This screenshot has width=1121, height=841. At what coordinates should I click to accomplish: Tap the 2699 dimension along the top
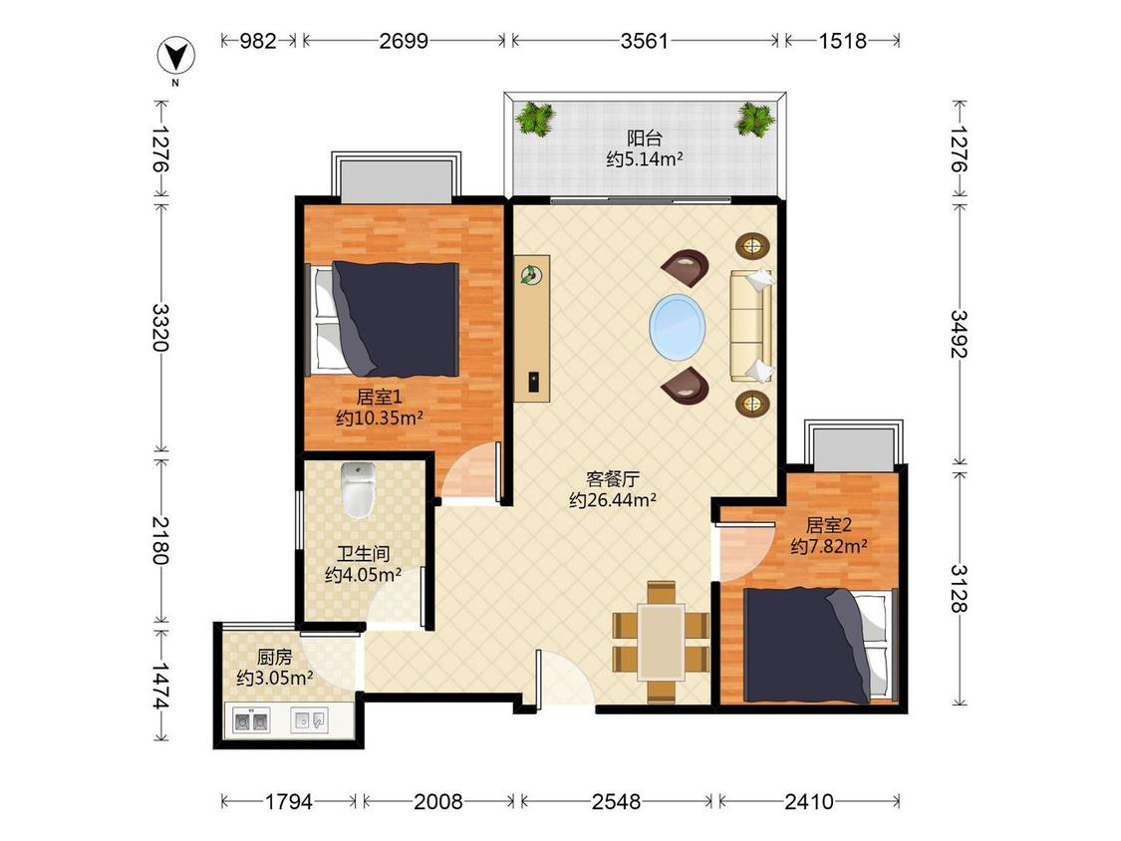tap(404, 41)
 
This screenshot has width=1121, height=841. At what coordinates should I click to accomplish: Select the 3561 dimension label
tap(644, 41)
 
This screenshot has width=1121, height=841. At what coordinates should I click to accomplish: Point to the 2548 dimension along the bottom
tap(616, 802)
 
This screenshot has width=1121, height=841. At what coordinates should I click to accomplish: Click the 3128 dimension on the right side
tap(960, 588)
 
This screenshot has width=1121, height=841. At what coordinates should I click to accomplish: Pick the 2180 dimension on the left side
tap(160, 540)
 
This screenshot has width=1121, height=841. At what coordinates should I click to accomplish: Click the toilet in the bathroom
tap(358, 490)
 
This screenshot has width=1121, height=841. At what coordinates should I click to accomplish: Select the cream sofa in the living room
tap(751, 326)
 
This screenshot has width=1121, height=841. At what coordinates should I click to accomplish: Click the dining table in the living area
tap(662, 642)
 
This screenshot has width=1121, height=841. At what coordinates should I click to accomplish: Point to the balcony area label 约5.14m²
tap(644, 158)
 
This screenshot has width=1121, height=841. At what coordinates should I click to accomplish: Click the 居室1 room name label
tap(379, 397)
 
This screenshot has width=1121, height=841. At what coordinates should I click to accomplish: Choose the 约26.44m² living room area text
tap(613, 500)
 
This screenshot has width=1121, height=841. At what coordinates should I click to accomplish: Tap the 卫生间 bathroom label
tap(363, 553)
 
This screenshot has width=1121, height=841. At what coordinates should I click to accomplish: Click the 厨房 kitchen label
tap(275, 657)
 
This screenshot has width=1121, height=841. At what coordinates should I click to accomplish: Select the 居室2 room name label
tap(829, 526)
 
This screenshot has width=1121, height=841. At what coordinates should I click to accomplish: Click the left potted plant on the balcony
tap(535, 118)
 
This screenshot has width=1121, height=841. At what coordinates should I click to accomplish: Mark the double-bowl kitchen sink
tap(251, 720)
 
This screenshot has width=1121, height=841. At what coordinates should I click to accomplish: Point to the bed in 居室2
tap(819, 645)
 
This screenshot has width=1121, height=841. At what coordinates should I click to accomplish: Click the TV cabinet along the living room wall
tap(532, 328)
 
